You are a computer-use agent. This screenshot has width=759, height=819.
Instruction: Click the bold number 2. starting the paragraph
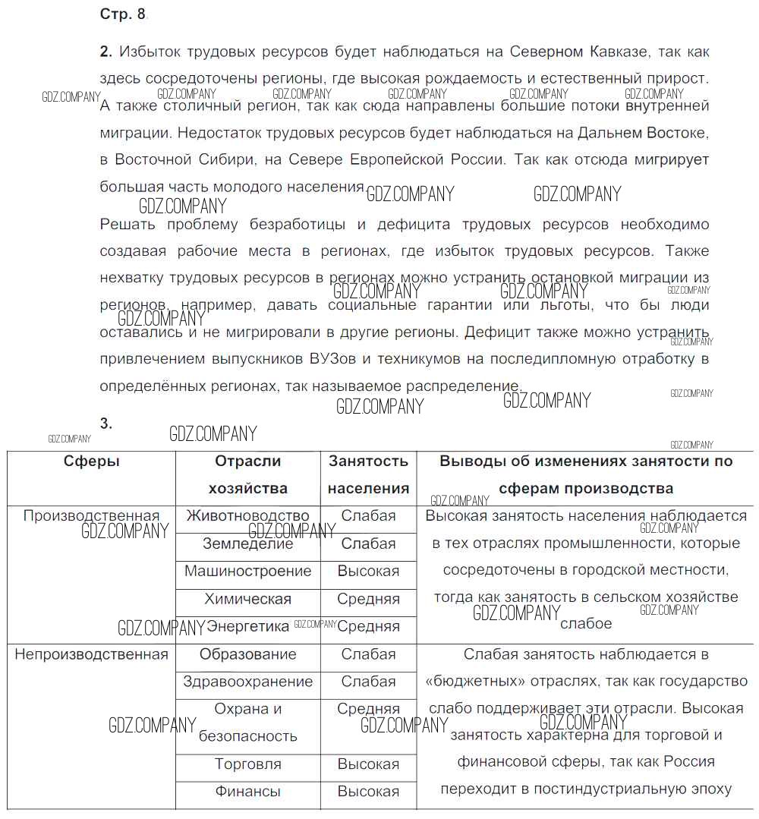coord(106,52)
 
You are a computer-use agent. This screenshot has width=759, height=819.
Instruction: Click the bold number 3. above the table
coord(106,424)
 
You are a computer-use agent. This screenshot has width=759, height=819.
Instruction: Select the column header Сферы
coord(91,461)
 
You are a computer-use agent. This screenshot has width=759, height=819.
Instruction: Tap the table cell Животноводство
coord(247,516)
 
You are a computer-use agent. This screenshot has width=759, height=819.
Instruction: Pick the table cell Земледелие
coord(247,543)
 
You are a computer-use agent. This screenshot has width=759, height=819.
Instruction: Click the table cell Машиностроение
coord(247,571)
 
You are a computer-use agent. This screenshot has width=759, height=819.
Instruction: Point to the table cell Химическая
coord(247,599)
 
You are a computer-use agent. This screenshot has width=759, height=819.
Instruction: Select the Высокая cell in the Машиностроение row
coord(368,571)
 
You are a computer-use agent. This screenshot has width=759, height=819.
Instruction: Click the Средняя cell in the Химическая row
coord(368,599)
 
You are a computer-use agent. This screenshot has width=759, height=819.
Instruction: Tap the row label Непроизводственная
coord(91,654)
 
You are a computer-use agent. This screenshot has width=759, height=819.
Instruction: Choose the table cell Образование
coord(247,654)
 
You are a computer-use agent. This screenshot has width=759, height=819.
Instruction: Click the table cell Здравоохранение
coord(247,682)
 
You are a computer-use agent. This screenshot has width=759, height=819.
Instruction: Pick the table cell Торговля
coord(247,764)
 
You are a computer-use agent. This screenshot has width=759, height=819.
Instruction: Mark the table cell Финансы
coord(247,792)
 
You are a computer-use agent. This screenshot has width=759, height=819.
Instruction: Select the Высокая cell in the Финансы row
coord(368,792)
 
